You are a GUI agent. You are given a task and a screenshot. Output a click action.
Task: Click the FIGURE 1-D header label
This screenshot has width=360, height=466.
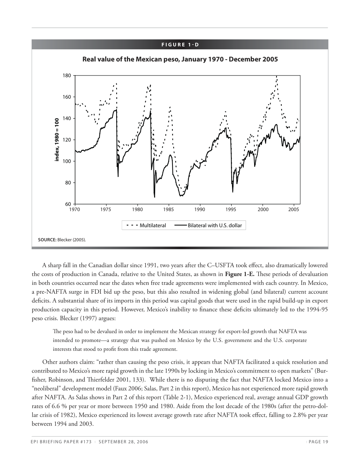point(180,45)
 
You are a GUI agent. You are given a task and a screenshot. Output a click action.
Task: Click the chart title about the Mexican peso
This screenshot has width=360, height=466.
point(180,59)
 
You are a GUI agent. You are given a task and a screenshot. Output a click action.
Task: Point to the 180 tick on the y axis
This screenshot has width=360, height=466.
point(67,75)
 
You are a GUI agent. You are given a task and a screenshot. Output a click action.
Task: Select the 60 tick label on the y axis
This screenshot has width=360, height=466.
point(68,204)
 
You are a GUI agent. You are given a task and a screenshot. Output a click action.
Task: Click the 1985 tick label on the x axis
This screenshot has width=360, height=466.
point(169,210)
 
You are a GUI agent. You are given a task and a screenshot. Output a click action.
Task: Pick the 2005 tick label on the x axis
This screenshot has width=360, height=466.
point(293,210)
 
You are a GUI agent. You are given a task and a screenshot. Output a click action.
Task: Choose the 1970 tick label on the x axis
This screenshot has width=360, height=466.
point(75,210)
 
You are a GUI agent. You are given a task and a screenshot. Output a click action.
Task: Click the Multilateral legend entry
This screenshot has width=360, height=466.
point(153,225)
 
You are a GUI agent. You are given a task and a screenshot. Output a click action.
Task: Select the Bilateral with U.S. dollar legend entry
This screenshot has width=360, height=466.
point(215,225)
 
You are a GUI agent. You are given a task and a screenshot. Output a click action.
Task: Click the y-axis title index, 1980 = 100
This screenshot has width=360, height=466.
point(57,140)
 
